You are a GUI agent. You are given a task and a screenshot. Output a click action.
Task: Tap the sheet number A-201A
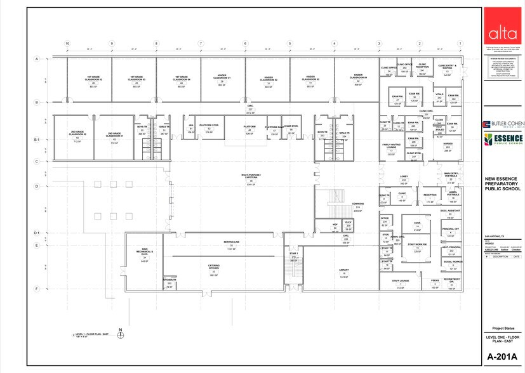coord(502,357)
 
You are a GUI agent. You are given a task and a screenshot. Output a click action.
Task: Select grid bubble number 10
coord(67,43)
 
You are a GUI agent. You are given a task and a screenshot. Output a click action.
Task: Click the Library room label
coord(344,272)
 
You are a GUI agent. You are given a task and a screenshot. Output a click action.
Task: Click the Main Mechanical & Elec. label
coord(145,253)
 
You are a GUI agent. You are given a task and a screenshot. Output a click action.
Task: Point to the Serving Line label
coord(231,243)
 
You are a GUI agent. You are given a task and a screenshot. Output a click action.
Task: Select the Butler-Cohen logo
coord(502,124)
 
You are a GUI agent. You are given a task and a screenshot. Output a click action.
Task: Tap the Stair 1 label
coord(293,254)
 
